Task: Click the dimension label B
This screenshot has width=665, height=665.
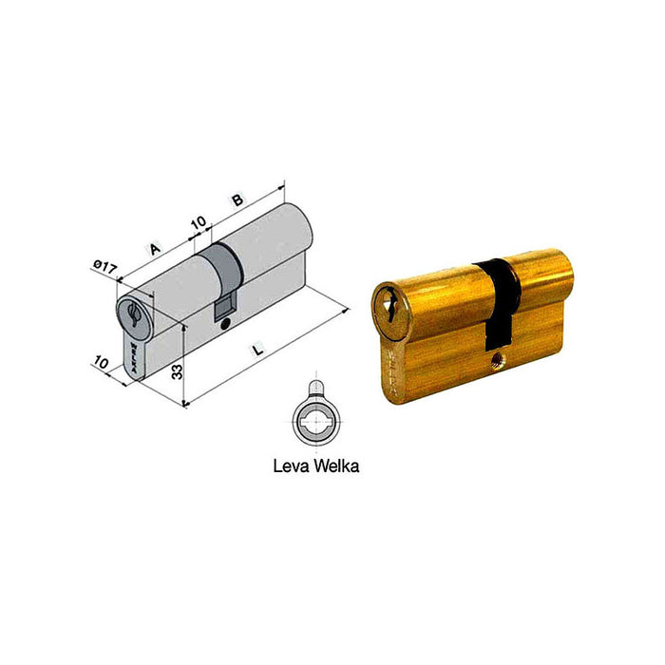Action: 236,200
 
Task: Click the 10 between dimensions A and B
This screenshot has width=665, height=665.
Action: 199,223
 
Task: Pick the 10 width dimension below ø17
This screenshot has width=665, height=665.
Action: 101,363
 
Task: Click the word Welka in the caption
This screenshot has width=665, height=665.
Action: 337,466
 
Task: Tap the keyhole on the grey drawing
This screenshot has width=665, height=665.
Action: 132,313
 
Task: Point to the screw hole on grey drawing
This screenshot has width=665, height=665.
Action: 224,326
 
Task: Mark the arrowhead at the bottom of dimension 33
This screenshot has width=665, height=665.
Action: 182,403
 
